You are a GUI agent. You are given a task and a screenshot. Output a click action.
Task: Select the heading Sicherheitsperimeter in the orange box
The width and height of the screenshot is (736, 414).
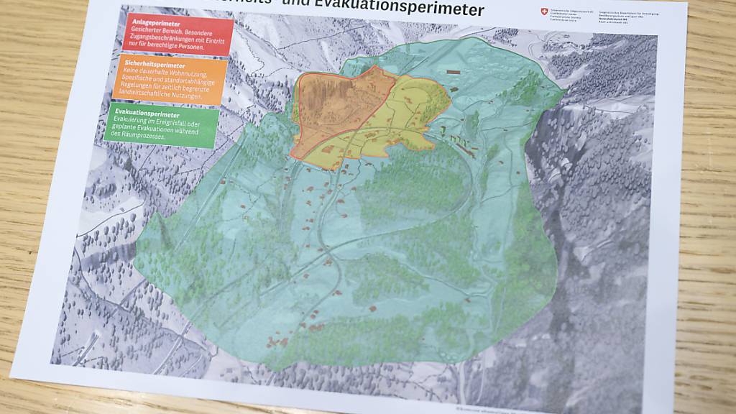pos(147,65)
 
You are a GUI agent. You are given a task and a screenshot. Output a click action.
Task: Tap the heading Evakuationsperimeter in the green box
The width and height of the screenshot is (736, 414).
pos(143,114)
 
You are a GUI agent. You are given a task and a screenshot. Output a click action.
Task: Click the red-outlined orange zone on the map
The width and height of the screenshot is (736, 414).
pos(338,108)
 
